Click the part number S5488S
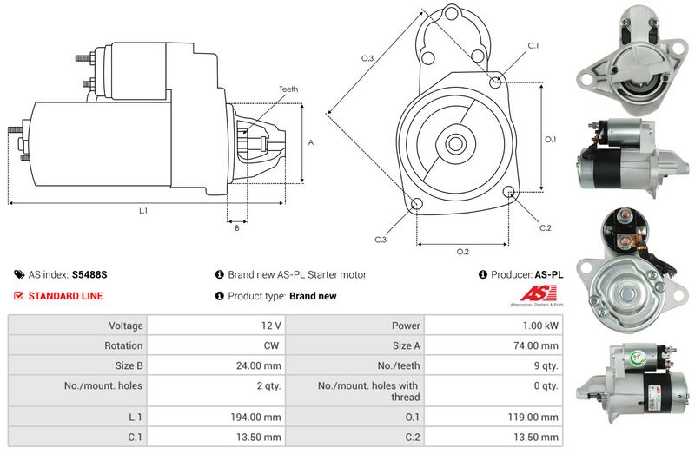89,274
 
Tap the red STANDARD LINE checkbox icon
18,295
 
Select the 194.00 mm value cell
216,417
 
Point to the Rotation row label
123,345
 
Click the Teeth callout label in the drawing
288,89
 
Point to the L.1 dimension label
143,211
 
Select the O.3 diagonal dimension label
367,58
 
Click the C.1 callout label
533,46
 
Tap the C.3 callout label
381,240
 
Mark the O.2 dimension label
463,252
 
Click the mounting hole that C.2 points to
509,192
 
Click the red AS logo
538,293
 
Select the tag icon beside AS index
19,274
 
